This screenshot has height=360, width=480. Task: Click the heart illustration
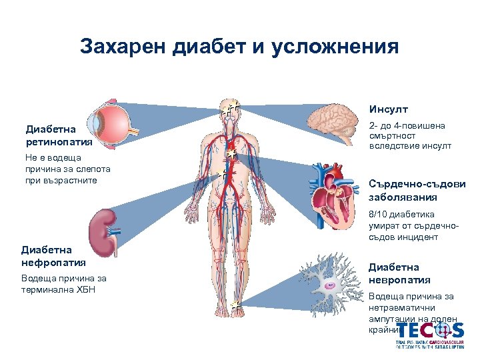334,196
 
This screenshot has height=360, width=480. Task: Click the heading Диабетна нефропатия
46,256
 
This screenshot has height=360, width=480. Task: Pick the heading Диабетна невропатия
399,273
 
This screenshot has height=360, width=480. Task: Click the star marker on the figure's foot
235,305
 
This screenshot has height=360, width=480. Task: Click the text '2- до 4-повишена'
407,126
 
